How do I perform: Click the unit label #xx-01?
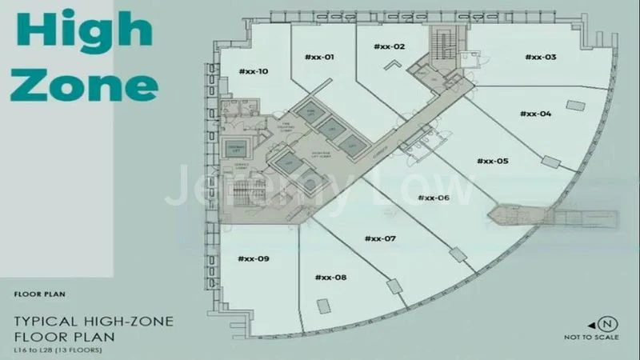pyautogui.click(x=318, y=57)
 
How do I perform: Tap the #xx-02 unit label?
pyautogui.click(x=389, y=47)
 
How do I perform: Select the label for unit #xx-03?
pyautogui.click(x=541, y=56)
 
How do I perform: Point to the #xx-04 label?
pyautogui.click(x=535, y=114)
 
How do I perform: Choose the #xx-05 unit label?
pyautogui.click(x=492, y=161)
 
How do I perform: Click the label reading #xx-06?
pyautogui.click(x=433, y=197)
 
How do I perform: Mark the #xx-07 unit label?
pyautogui.click(x=380, y=238)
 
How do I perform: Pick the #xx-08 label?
pyautogui.click(x=330, y=277)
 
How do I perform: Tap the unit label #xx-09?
pyautogui.click(x=254, y=258)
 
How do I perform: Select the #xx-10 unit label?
pyautogui.click(x=253, y=72)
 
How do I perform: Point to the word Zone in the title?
pyautogui.click(x=83, y=82)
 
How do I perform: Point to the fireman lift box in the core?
pyautogui.click(x=237, y=149)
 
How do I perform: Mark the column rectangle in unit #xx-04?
pyautogui.click(x=575, y=105)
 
